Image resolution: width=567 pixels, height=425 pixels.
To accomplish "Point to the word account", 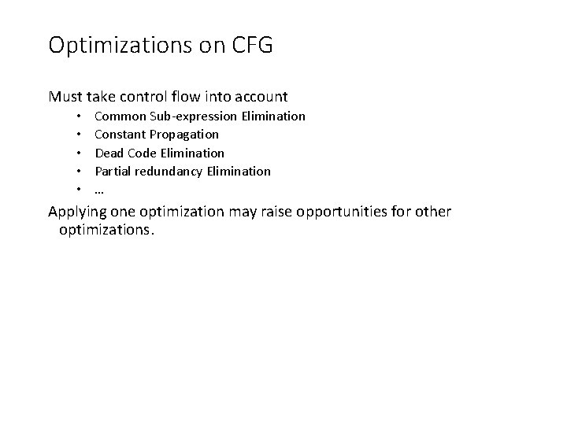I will pos(259,98).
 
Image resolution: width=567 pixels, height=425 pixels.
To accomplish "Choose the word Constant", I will pos(119,135).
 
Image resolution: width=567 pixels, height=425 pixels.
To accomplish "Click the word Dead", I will pos(108,153).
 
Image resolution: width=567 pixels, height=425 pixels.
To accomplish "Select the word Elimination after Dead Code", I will pos(194,153).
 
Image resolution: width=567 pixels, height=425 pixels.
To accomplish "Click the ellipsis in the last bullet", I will pos(100,190).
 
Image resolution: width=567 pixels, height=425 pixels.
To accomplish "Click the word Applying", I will pos(77,213).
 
